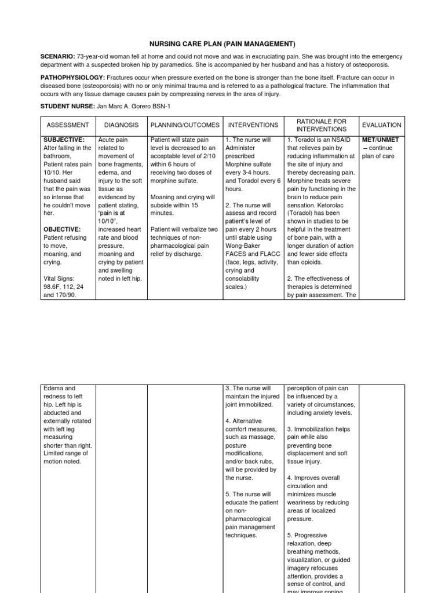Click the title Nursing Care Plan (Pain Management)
[222, 43]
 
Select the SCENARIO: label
[57, 56]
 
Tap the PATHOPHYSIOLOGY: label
[72, 77]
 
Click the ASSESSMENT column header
[68, 125]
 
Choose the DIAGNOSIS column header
[122, 125]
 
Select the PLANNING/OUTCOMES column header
[185, 125]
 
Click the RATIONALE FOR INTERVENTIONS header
[321, 125]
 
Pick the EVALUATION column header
[381, 125]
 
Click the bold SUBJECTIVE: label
[64, 140]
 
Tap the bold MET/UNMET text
[380, 140]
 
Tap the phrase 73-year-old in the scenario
[96, 56]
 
